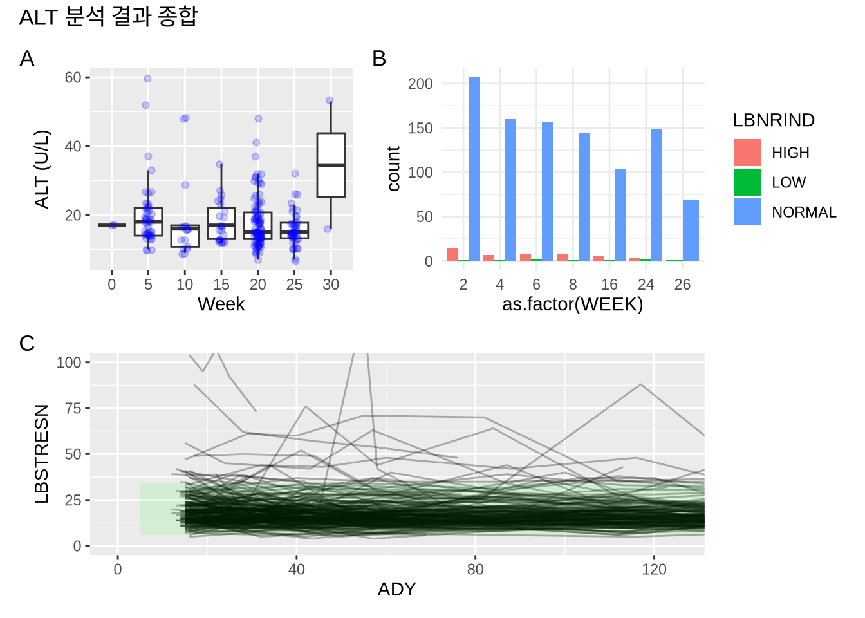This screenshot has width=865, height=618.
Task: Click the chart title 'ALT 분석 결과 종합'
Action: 108,17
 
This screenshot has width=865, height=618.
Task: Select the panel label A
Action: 27,59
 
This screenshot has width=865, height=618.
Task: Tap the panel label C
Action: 27,343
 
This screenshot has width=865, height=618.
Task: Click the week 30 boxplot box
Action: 331,165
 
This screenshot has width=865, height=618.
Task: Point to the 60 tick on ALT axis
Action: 73,78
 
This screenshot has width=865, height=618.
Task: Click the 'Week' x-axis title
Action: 221,304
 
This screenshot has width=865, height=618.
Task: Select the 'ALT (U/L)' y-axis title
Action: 42,169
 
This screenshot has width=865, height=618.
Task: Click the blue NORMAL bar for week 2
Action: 474,169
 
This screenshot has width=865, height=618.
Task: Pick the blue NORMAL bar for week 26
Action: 691,230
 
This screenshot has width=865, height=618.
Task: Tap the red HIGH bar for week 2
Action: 452,254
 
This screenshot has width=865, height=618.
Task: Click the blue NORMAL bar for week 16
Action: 620,215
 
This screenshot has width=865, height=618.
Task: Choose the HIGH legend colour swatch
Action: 747,153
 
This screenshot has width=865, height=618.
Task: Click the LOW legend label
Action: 788,183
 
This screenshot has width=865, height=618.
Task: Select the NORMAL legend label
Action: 804,212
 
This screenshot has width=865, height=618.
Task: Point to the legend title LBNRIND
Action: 774,120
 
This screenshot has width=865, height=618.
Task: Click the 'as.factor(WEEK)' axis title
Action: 572,304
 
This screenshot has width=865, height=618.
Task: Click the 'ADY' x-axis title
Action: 396,589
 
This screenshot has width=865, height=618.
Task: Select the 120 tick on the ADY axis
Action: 654,569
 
